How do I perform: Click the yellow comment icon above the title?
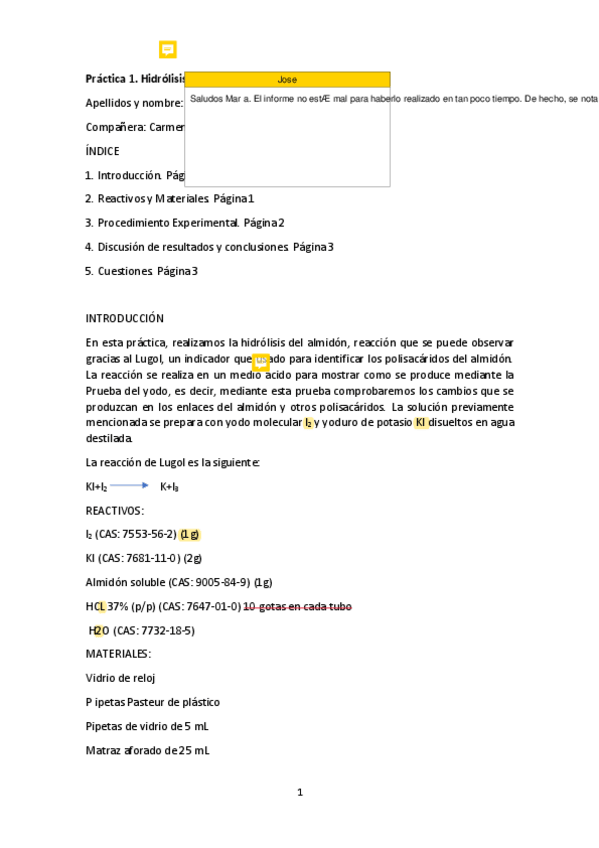[168, 49]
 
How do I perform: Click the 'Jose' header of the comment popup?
[287, 79]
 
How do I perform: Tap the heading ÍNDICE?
[102, 151]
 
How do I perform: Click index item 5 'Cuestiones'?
[125, 270]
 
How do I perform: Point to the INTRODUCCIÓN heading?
[124, 319]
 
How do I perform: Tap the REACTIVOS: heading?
[114, 510]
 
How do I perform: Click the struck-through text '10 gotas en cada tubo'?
[297, 607]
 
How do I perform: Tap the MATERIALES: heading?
[118, 654]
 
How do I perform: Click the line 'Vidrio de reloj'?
[120, 678]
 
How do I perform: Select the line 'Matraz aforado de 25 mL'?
[147, 750]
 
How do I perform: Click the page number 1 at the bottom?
[299, 793]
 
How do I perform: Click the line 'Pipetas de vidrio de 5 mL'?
[147, 726]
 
